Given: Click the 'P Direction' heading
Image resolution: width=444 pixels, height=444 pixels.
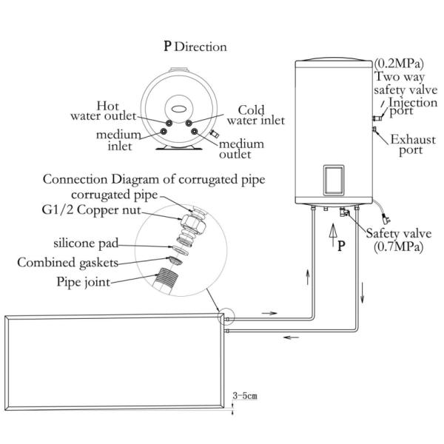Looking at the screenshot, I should pyautogui.click(x=195, y=47).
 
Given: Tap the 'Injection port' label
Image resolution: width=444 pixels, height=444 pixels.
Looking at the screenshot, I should pyautogui.click(x=403, y=107).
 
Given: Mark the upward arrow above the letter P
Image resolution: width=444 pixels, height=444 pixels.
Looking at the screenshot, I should pyautogui.click(x=332, y=236).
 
